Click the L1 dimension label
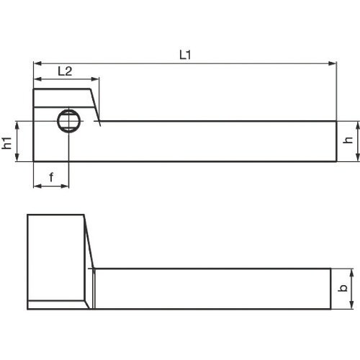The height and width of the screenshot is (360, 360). point(184,54)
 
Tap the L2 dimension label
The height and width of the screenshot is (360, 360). point(64,71)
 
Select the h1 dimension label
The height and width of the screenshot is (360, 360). point(8,141)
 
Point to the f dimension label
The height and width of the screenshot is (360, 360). point(51,176)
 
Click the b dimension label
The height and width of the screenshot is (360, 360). point(343,289)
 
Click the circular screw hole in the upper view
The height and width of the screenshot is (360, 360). point(69,121)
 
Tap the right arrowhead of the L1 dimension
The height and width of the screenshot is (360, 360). point(333,63)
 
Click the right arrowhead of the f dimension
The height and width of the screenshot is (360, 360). point(65,186)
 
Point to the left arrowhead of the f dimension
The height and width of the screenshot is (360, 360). point(37,186)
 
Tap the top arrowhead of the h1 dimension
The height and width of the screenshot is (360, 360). point(20,124)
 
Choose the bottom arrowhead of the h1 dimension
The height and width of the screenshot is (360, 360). point(20,158)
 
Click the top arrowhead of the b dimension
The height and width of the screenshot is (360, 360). point(351,272)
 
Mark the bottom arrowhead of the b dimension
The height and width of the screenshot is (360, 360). point(351,305)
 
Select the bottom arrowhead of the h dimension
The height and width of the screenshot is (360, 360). point(357,158)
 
